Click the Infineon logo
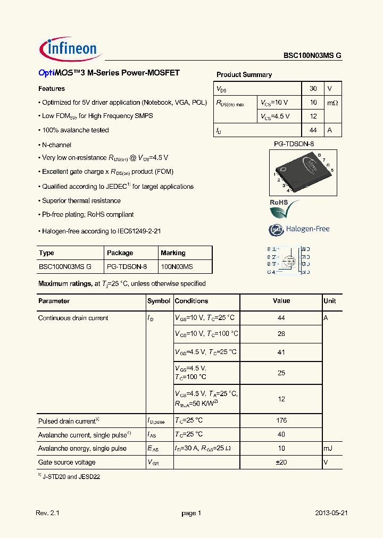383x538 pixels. (70, 49)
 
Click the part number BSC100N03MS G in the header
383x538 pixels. (312, 55)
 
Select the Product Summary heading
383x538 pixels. (244, 75)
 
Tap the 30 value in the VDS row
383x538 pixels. (313, 89)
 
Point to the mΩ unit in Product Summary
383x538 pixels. (332, 103)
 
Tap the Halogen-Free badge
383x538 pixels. (299, 229)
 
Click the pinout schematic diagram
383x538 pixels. (288, 260)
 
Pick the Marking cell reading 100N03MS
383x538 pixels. (177, 266)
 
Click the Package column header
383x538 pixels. (120, 253)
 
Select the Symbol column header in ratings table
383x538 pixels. (159, 301)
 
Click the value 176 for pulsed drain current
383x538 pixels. (281, 421)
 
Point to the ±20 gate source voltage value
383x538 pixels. (281, 463)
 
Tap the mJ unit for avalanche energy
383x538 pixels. (328, 449)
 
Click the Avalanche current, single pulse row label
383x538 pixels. (82, 435)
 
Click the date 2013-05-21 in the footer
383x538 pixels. (331, 513)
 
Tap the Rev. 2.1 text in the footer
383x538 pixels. (48, 513)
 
